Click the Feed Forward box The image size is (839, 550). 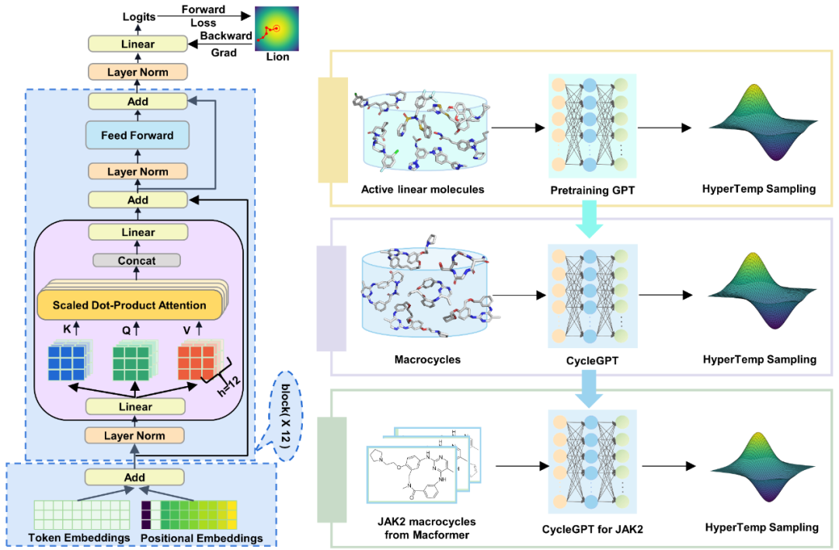coord(137,136)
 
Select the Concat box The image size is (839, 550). coord(137,261)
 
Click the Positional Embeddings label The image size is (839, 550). coord(201,538)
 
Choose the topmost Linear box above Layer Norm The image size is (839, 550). coord(137,44)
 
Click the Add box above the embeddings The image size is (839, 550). coord(135,477)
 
